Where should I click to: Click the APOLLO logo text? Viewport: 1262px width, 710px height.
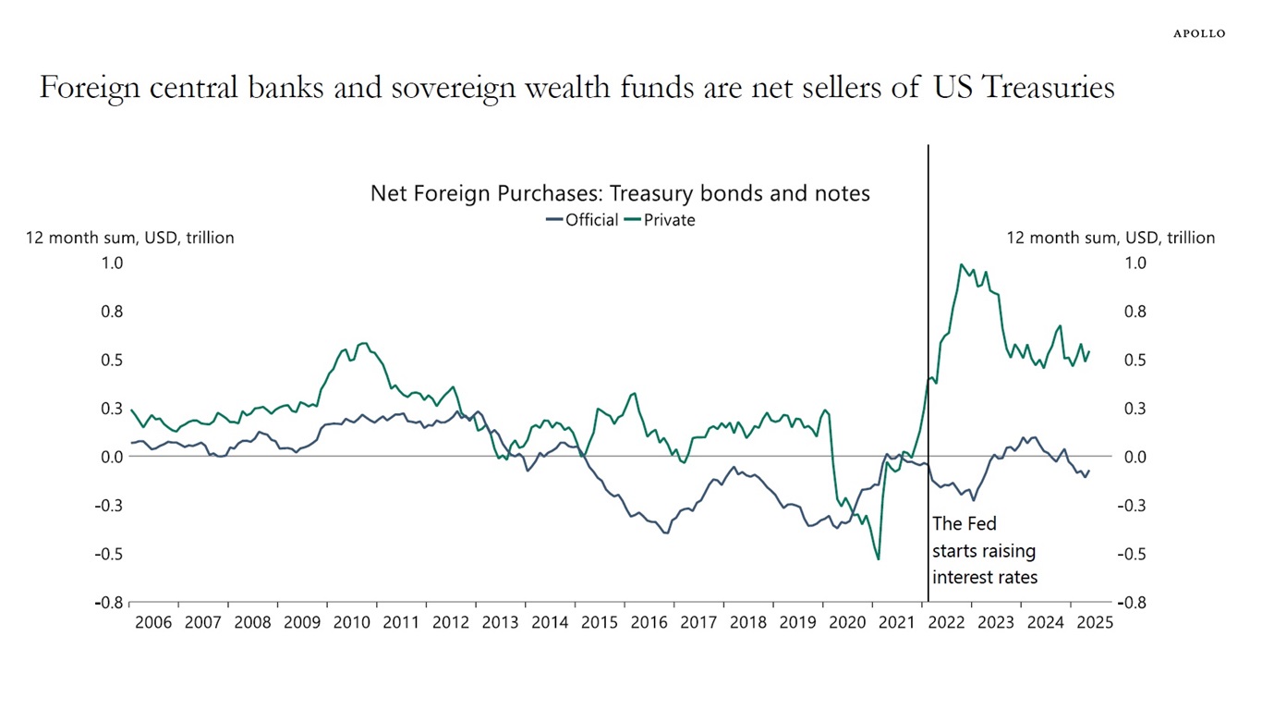click(1199, 33)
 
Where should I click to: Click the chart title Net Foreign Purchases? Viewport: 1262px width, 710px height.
click(620, 193)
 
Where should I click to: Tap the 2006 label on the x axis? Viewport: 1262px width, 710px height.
click(153, 622)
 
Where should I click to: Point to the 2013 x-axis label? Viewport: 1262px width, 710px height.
click(500, 622)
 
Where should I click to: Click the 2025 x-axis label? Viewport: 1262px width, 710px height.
click(1095, 622)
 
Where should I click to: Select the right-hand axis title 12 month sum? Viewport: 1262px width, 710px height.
click(1110, 238)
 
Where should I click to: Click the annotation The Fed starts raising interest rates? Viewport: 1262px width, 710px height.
click(985, 550)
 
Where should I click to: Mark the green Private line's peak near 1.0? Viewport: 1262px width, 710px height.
click(962, 264)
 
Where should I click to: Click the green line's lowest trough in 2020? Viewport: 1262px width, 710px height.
click(878, 559)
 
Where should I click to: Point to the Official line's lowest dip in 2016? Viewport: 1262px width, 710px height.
click(666, 533)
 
